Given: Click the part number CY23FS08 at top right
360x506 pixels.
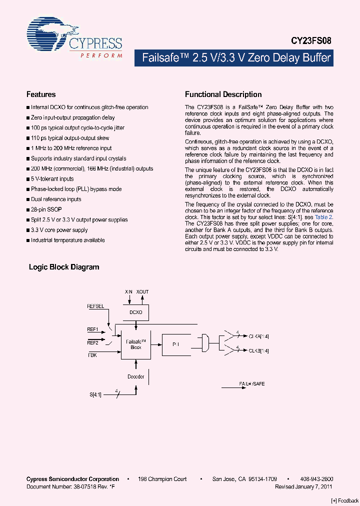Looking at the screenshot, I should [311, 41].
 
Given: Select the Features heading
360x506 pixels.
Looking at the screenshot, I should [41, 94].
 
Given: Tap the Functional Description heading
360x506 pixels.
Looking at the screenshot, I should [223, 94].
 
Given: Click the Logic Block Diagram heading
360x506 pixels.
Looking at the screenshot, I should [64, 267].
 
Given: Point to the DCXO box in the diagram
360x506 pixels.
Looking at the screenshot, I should [135, 312].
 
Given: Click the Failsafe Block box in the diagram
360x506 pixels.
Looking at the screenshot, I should [135, 344].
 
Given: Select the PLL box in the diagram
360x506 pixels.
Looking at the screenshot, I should [176, 344].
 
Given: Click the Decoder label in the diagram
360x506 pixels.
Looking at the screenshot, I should [135, 376].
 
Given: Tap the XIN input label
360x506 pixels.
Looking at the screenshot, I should [129, 291].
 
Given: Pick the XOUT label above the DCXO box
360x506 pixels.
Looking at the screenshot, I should [142, 291].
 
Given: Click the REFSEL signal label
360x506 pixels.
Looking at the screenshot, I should [95, 306].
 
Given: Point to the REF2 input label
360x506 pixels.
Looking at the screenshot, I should [92, 342].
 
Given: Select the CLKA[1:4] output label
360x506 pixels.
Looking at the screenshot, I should [258, 336].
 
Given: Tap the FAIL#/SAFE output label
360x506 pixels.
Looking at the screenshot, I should [252, 383].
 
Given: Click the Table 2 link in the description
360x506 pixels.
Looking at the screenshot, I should [323, 217].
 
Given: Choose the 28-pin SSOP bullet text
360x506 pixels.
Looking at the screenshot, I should [46, 209].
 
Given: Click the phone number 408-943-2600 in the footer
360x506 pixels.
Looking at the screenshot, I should [318, 479].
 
